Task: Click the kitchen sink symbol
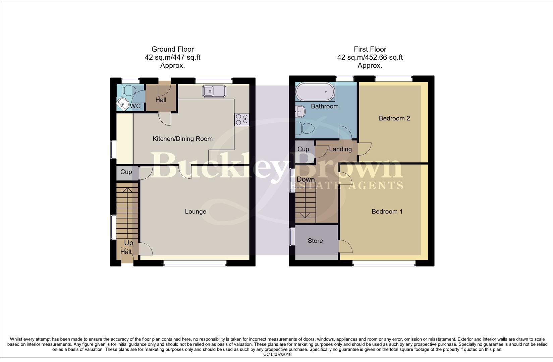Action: (x=214, y=91)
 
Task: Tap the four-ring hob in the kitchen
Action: (x=242, y=120)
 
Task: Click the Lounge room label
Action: (x=196, y=212)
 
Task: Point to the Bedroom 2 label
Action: (x=394, y=118)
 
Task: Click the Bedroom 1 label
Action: (x=387, y=212)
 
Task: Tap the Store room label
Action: (x=315, y=241)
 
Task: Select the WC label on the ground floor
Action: (x=135, y=106)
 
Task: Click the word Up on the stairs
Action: (x=128, y=243)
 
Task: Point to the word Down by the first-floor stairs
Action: (x=306, y=179)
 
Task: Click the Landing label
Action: (x=340, y=149)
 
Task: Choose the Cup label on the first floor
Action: (x=303, y=149)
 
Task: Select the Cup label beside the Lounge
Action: (x=126, y=172)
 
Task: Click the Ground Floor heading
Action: (x=172, y=49)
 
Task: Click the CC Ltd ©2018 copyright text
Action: (x=277, y=354)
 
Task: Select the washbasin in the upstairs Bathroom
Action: (x=300, y=111)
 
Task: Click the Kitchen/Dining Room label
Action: (x=182, y=139)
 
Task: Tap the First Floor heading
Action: (x=370, y=49)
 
